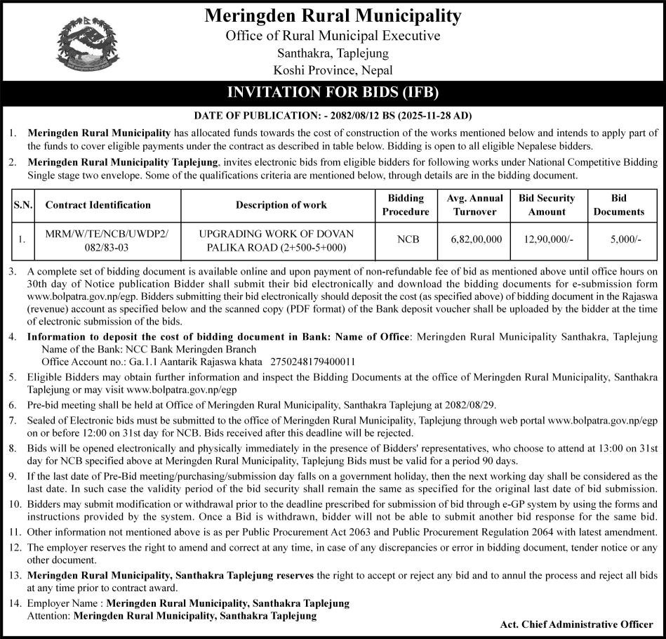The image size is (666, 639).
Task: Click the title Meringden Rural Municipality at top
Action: click(x=333, y=15)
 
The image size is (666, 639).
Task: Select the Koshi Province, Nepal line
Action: click(x=333, y=70)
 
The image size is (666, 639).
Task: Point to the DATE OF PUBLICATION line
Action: click(x=333, y=115)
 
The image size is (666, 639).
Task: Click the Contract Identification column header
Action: click(x=98, y=205)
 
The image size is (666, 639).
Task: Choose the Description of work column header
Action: click(x=281, y=205)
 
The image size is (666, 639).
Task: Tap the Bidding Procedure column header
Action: click(x=406, y=205)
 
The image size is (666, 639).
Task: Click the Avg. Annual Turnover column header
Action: click(x=475, y=205)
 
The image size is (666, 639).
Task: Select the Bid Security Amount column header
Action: click(x=547, y=205)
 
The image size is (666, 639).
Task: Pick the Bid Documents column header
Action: click(x=618, y=205)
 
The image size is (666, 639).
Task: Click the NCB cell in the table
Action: click(x=408, y=239)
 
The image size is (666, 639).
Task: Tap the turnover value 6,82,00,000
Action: click(x=477, y=239)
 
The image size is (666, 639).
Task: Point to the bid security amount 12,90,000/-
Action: click(x=548, y=239)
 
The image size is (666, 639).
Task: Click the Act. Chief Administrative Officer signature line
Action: click(x=577, y=624)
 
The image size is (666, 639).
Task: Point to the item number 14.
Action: click(x=14, y=603)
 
